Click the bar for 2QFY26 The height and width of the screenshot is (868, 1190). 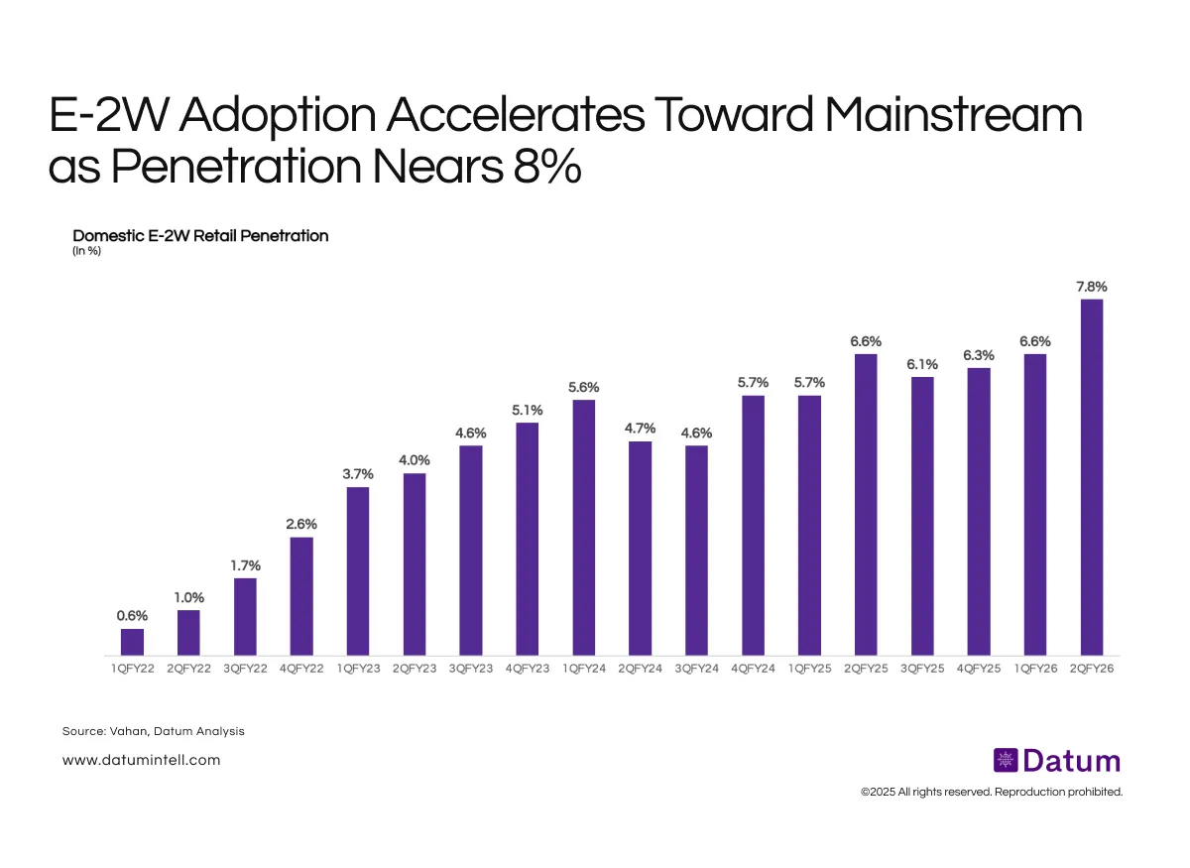point(1092,477)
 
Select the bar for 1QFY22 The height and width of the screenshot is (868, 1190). point(132,642)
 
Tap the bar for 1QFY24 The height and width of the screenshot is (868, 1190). point(584,527)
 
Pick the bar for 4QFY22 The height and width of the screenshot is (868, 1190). point(301,596)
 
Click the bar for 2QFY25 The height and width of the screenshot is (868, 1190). point(866,504)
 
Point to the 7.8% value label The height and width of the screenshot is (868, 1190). point(1092,287)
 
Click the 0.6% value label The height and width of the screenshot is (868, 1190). point(132,616)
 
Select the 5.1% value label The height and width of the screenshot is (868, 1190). point(528,410)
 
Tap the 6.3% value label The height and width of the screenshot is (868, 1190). point(979,355)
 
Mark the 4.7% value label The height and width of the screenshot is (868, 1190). point(641,429)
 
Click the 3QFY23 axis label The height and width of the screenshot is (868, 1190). point(471,670)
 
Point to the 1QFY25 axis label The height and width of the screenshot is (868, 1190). point(809,670)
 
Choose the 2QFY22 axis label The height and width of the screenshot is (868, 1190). point(188,670)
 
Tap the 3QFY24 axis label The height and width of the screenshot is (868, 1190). point(697,670)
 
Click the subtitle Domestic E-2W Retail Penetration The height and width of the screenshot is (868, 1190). point(200,236)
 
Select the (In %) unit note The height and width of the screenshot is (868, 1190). point(87,251)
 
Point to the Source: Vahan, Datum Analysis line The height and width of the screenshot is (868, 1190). point(153,731)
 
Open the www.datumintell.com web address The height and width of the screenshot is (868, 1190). point(141,760)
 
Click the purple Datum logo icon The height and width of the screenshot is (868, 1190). point(1006,761)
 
